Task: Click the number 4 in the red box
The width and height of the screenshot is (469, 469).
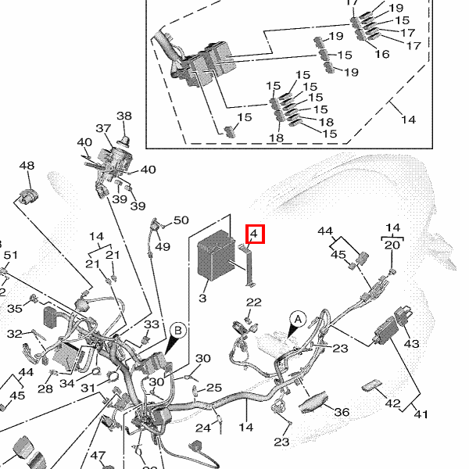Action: coord(256,234)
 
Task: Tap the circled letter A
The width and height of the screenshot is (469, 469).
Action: coord(297,318)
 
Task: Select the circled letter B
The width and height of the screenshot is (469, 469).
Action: coord(177,330)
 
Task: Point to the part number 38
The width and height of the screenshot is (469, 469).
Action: coord(124,116)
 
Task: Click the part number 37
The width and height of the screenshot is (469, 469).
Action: coord(103,128)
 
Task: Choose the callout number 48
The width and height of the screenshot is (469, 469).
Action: coord(27,166)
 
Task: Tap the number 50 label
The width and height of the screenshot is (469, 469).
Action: coord(181,221)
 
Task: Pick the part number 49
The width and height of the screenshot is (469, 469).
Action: coord(162,247)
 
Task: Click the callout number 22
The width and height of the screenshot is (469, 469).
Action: coord(254,303)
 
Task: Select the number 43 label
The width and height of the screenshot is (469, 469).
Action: coord(411,344)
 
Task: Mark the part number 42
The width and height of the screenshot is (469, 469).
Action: coord(393,404)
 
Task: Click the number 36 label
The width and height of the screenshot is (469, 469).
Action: coord(342,412)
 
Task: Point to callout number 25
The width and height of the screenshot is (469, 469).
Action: coord(214,388)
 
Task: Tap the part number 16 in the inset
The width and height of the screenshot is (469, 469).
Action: coord(382,54)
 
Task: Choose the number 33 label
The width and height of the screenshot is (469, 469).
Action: coord(151,324)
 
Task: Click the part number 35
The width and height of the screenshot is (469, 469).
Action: coord(15,309)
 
